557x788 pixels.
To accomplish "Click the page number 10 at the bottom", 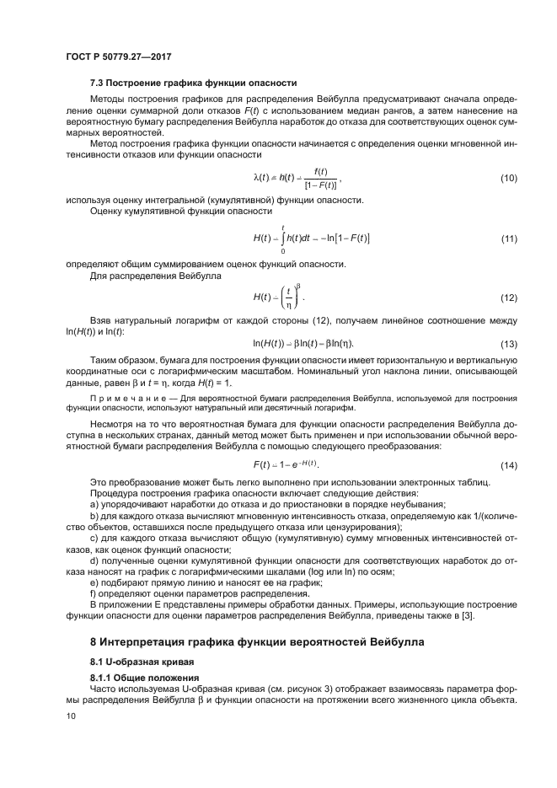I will (69, 716).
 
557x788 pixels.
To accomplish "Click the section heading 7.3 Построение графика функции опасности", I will (193, 83).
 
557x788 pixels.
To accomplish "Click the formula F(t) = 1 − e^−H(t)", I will (287, 465).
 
